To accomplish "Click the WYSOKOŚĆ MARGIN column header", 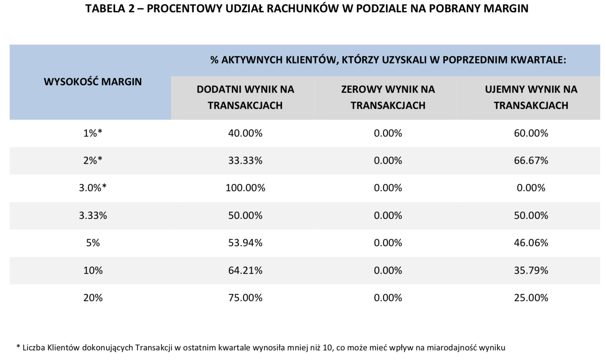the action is (x=93, y=82).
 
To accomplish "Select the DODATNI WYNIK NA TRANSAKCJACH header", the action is (x=245, y=97).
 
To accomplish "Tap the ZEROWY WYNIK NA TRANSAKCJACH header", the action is (x=388, y=97).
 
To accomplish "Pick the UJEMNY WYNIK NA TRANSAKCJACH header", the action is (x=531, y=97).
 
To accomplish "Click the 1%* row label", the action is (x=93, y=133).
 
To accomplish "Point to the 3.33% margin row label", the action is (x=93, y=216).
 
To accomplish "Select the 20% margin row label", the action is (x=93, y=298).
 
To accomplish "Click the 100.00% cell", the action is (x=245, y=188).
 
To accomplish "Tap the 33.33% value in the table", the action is (x=245, y=161).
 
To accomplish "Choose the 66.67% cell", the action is (x=531, y=161).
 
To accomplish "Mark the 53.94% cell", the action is (x=245, y=243).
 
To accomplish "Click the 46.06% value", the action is (x=531, y=243).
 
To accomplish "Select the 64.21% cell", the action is (x=245, y=271).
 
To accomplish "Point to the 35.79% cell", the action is (x=531, y=271).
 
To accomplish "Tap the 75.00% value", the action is (x=245, y=298).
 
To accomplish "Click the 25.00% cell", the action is (x=531, y=298).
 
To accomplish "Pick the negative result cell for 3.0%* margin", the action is (x=531, y=188).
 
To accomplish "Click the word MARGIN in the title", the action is (x=506, y=9).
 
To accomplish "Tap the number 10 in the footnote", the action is (x=327, y=347).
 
